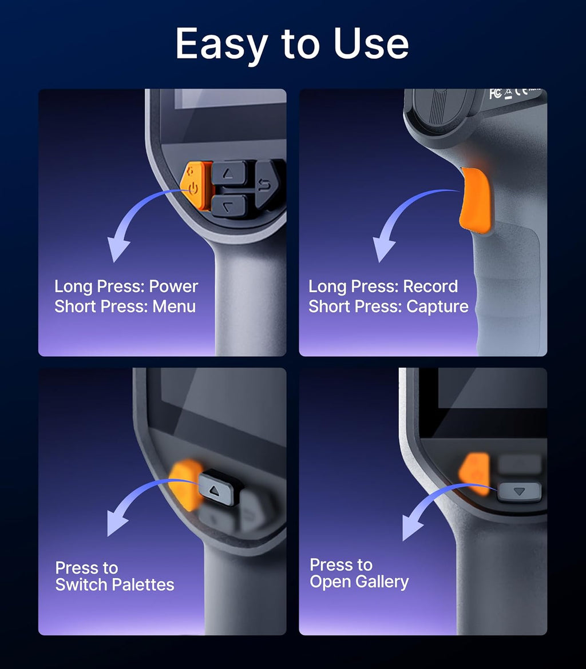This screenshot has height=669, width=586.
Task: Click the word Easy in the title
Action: tap(221, 44)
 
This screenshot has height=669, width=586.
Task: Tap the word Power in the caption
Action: tap(173, 286)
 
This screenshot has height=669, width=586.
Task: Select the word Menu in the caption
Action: tap(175, 306)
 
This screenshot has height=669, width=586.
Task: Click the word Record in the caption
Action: tap(430, 286)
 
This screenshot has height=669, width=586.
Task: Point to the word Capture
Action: tap(437, 306)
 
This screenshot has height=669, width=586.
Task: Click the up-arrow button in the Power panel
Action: tap(230, 173)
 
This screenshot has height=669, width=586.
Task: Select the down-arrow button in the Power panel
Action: tap(229, 206)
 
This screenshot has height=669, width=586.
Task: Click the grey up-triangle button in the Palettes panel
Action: tap(219, 487)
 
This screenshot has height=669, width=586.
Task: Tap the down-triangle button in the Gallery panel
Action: tap(520, 492)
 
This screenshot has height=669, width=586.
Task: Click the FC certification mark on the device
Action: tap(496, 94)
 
